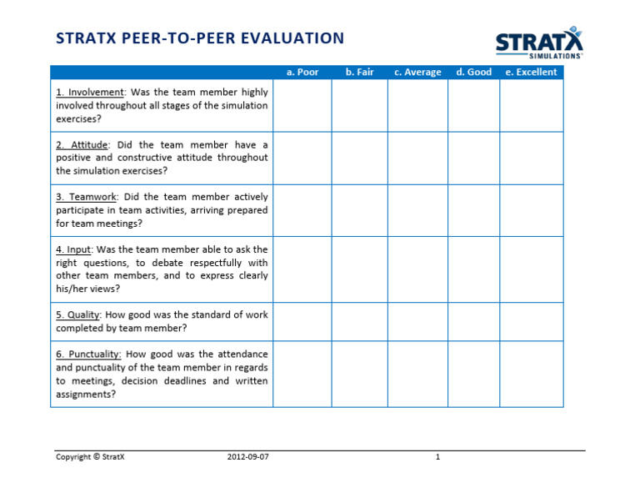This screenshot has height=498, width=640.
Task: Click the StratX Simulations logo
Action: [539, 43]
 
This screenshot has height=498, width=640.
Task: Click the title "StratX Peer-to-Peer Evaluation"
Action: [199, 38]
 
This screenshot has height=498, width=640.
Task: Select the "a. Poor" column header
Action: [302, 73]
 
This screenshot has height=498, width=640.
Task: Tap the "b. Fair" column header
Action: [359, 73]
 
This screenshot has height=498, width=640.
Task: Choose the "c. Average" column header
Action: [417, 73]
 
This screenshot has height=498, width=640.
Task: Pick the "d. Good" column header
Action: [473, 73]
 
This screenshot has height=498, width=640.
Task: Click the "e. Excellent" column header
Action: [531, 73]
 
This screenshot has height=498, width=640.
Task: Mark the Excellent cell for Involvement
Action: [531, 106]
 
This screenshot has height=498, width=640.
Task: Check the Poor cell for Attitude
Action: [302, 158]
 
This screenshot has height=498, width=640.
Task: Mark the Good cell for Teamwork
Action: [473, 210]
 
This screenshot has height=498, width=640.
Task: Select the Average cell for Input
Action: [417, 269]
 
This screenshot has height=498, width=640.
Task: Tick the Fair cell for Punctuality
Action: [359, 374]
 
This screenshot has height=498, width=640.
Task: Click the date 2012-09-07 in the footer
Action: [247, 457]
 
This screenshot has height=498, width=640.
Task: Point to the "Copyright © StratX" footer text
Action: [90, 457]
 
